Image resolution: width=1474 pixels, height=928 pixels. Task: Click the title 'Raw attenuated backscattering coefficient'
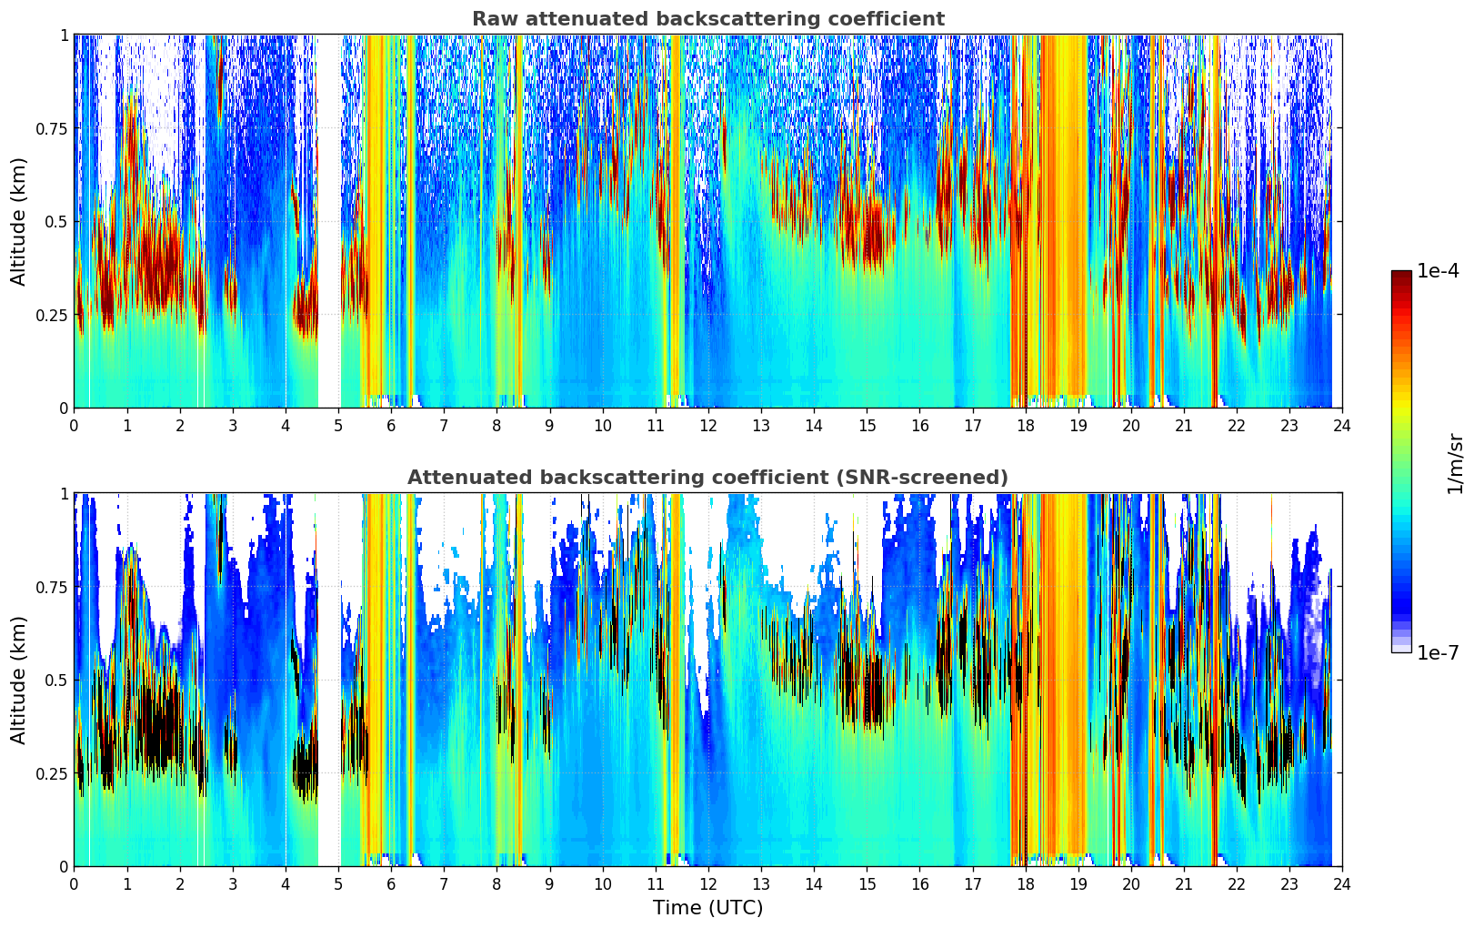pos(707,19)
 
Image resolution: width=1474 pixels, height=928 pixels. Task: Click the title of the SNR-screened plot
pos(707,478)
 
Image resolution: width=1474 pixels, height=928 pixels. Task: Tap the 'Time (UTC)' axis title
pos(707,908)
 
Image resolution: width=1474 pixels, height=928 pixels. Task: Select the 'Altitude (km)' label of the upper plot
pos(19,221)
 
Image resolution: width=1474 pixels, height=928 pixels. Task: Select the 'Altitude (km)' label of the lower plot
pos(19,680)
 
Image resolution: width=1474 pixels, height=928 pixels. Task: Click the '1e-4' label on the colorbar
pos(1438,271)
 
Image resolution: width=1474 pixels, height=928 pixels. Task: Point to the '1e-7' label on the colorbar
pos(1438,652)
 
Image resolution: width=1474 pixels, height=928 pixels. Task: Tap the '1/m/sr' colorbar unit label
pos(1454,463)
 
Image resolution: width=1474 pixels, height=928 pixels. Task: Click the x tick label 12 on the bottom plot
pos(707,884)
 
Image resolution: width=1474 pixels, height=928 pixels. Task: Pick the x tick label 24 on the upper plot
pos(1342,426)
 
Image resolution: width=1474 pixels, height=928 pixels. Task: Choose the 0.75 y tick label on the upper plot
pos(51,128)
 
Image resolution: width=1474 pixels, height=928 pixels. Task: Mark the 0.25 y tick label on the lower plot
pos(51,773)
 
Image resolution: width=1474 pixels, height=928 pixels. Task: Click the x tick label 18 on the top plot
pos(1025,426)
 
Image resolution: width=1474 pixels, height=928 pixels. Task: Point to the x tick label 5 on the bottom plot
pos(338,884)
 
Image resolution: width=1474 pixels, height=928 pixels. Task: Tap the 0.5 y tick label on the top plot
pos(56,221)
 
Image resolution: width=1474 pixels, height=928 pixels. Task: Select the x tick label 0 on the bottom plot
pos(74,884)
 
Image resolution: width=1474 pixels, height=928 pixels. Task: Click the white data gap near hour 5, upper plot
pos(329,221)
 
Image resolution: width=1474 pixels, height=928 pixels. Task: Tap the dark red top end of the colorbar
pos(1401,275)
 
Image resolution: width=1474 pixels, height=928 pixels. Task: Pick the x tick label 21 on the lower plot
pos(1183,884)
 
